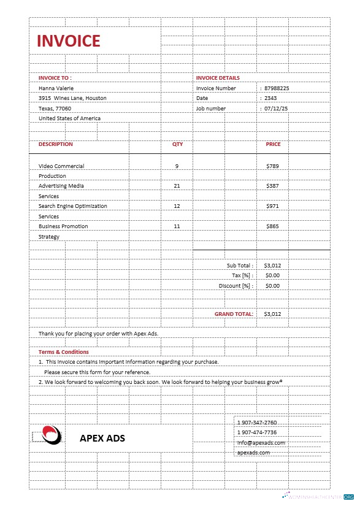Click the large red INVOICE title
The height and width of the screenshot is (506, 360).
click(68, 41)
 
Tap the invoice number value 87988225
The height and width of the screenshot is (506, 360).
click(277, 88)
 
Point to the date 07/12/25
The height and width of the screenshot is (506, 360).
click(276, 109)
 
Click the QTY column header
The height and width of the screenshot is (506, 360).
click(177, 144)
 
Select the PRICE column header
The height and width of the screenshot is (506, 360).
click(273, 144)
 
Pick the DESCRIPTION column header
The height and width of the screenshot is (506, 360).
click(55, 144)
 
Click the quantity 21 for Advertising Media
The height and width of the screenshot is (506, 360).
click(177, 186)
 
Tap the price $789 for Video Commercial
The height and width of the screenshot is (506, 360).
click(273, 166)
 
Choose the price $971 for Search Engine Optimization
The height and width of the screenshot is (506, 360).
click(273, 206)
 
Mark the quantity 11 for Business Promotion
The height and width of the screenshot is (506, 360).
click(177, 226)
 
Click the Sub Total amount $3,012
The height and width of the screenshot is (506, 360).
click(273, 266)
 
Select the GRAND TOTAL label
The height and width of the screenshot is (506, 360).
click(234, 314)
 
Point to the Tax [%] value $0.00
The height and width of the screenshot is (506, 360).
click(273, 276)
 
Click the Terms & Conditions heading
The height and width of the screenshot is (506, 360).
click(64, 352)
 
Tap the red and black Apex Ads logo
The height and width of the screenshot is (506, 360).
click(52, 435)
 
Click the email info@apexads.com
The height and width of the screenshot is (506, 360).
click(261, 443)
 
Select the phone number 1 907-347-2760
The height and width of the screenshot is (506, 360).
click(257, 423)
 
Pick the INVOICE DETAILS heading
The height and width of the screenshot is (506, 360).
click(218, 78)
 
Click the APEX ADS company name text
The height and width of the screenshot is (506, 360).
click(102, 438)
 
